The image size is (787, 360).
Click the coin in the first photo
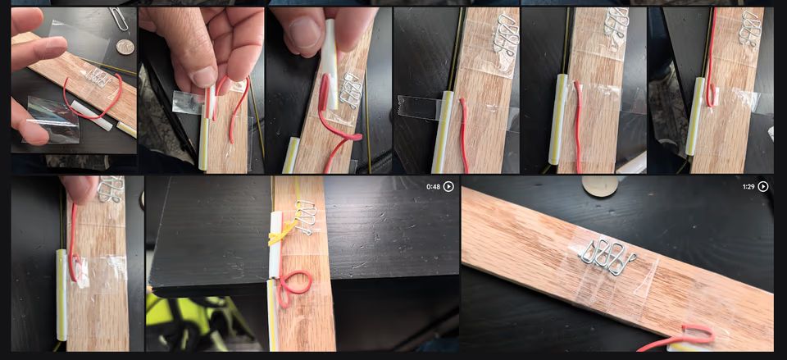coord(124,47)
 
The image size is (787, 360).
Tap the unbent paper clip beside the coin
coord(119,17)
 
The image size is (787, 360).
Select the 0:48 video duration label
coord(433,187)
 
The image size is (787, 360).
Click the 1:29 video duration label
coord(748,187)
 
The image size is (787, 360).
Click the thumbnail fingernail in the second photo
coord(202,77)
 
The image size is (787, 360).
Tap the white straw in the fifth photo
coord(561,119)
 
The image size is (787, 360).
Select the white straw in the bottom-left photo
coord(61,294)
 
